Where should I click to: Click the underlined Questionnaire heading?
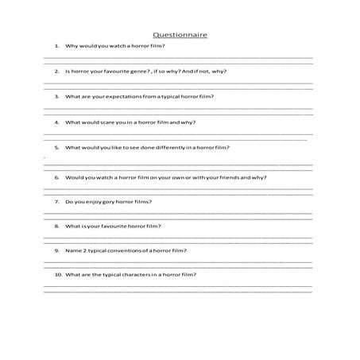(x=180, y=35)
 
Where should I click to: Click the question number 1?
(x=56, y=46)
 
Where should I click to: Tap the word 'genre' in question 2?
(x=136, y=71)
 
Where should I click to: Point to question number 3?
(x=56, y=96)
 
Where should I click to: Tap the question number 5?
(x=56, y=148)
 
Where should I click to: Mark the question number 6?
(x=56, y=177)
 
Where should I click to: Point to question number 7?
(x=56, y=202)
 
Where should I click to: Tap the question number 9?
(x=56, y=250)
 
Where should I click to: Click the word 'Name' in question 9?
(x=72, y=250)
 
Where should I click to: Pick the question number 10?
(x=58, y=274)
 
